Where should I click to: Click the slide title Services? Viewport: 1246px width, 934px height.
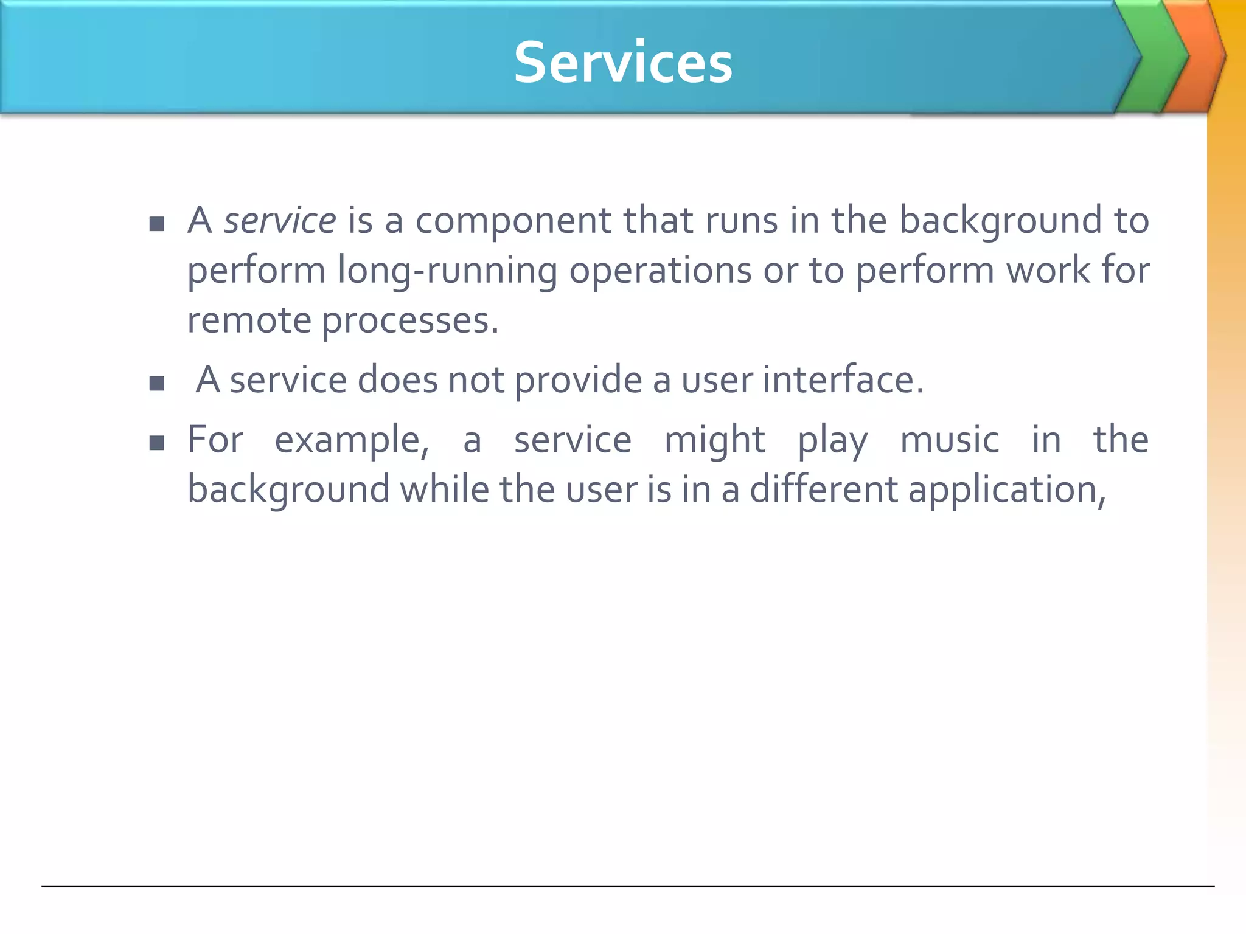click(x=623, y=63)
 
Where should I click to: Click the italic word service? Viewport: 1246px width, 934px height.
click(x=280, y=220)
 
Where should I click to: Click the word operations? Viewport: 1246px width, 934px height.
click(x=661, y=271)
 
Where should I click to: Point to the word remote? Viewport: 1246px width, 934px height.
click(x=249, y=320)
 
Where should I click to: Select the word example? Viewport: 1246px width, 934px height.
click(x=352, y=440)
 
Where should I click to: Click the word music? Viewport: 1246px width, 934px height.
click(x=950, y=440)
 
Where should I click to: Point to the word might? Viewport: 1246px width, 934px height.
click(x=715, y=440)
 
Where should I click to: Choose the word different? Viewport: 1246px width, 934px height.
click(x=823, y=489)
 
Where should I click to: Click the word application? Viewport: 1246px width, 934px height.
click(x=1007, y=490)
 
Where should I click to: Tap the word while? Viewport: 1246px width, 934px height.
click(x=444, y=489)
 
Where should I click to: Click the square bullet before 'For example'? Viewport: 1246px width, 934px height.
click(x=157, y=443)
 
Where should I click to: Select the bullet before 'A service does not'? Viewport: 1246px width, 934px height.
click(x=157, y=383)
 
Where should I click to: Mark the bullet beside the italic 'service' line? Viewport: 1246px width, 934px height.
click(x=157, y=224)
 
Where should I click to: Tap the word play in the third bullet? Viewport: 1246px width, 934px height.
click(x=833, y=440)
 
